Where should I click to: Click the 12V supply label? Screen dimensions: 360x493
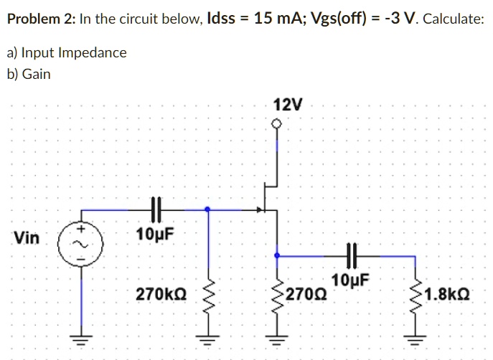pos(288,105)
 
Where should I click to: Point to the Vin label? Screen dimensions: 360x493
pos(27,237)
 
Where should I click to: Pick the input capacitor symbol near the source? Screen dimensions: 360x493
pos(157,210)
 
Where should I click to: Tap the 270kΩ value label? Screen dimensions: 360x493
pos(161,295)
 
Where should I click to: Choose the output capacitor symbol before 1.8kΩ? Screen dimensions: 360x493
pos(351,255)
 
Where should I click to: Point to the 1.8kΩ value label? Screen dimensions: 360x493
pos(447,295)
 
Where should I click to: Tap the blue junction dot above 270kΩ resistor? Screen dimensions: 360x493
pos(208,210)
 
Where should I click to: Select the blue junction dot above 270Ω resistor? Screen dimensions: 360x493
pos(277,255)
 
